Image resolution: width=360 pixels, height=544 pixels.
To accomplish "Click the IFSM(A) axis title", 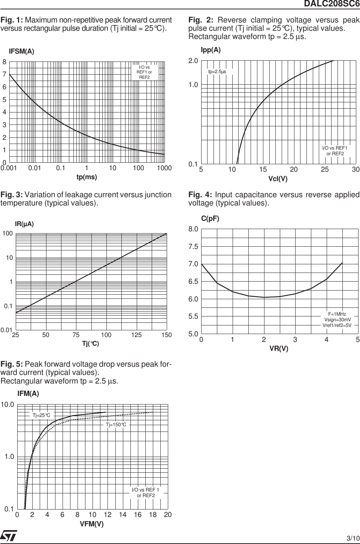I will click(x=21, y=52).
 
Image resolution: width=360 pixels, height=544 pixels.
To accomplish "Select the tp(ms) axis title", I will click(x=87, y=177).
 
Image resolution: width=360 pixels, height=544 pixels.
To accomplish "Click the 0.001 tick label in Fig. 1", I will click(x=9, y=168).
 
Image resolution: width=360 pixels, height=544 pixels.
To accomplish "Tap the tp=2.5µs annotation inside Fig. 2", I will click(x=217, y=71).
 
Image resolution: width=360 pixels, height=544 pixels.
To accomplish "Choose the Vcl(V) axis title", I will click(x=278, y=179).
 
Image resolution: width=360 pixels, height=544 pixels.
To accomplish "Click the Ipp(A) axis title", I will click(x=211, y=50).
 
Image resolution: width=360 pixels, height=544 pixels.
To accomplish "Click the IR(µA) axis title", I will click(x=24, y=224).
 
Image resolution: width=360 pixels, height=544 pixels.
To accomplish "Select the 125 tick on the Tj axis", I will click(x=136, y=335).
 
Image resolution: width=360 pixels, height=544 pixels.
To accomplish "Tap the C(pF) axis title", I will click(x=210, y=218).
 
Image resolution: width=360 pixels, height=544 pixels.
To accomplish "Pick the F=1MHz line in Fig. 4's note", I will click(x=337, y=314).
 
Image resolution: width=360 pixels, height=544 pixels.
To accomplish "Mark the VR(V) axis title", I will click(x=279, y=348).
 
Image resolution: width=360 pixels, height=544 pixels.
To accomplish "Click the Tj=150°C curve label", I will click(x=116, y=424).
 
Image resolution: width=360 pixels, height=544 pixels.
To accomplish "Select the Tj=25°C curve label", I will click(x=41, y=415).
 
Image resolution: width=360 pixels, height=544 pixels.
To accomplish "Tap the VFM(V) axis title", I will click(x=91, y=524).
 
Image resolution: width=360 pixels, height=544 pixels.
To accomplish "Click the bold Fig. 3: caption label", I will click(x=12, y=195).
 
